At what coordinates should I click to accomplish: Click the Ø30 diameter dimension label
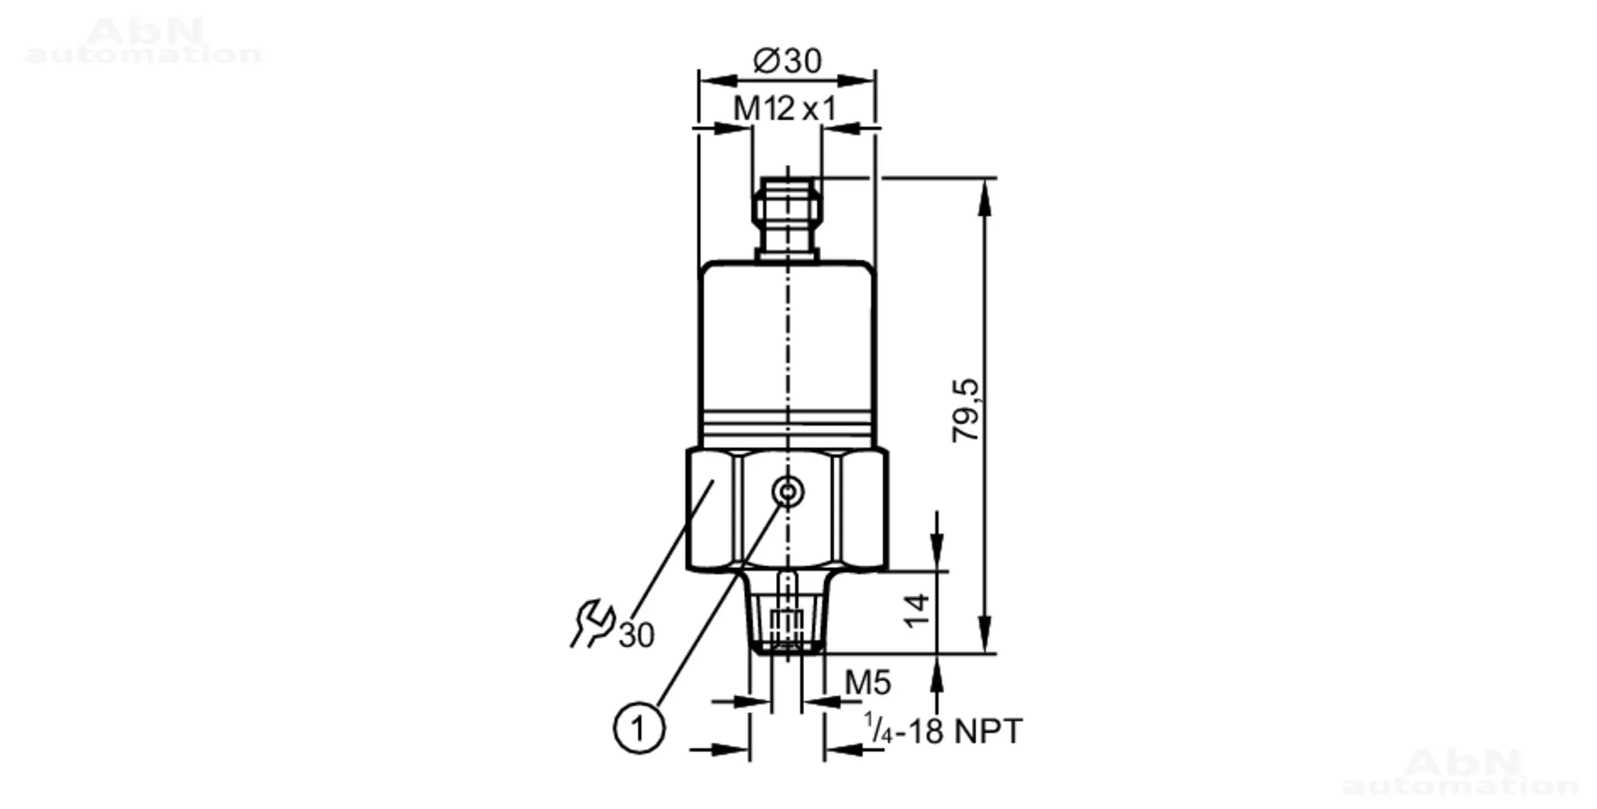click(x=787, y=61)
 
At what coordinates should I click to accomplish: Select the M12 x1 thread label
click(x=785, y=109)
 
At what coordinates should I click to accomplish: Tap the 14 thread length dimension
click(x=918, y=611)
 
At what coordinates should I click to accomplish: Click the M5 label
click(x=868, y=684)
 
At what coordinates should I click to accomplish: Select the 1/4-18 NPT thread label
click(x=943, y=731)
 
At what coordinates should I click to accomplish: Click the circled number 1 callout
click(x=639, y=728)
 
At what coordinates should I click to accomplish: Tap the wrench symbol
click(x=592, y=624)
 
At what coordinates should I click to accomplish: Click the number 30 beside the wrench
click(x=636, y=636)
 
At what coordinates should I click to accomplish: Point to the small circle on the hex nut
click(x=788, y=492)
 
